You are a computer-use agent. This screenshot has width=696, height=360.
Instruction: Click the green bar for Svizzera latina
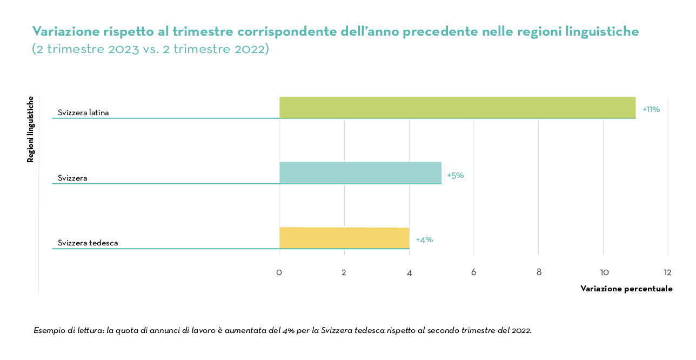click(457, 108)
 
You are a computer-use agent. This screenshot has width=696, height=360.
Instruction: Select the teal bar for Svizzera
click(360, 173)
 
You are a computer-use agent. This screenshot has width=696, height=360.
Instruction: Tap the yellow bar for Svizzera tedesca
click(344, 238)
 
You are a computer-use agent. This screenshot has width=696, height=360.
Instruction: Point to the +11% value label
click(651, 109)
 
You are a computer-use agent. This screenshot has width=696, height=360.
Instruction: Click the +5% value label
click(456, 176)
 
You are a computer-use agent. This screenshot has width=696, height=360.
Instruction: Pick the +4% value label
click(424, 239)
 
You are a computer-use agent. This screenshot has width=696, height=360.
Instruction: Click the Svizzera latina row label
click(83, 113)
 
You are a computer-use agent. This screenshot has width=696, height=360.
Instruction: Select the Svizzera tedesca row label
click(88, 243)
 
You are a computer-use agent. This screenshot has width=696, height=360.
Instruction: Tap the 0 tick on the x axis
click(279, 272)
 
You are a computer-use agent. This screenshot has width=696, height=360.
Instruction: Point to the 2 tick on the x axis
click(344, 272)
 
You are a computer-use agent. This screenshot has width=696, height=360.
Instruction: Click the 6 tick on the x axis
click(473, 272)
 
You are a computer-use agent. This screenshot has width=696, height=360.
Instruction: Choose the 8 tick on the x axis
click(539, 272)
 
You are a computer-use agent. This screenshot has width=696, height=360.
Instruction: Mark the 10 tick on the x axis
click(604, 272)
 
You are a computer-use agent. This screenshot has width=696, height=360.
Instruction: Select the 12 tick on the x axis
click(668, 272)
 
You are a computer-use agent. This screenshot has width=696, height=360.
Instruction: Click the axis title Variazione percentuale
click(626, 289)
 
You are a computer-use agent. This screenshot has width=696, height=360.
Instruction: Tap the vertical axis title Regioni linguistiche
click(31, 129)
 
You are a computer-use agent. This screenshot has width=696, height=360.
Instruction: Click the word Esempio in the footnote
click(49, 330)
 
